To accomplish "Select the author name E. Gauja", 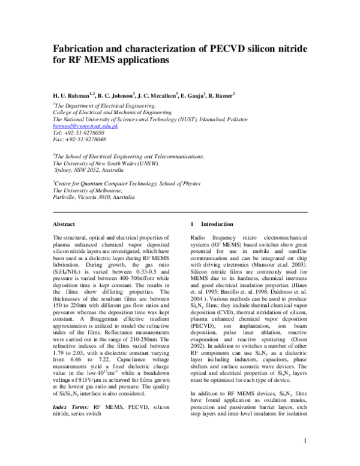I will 200,95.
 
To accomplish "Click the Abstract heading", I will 64,224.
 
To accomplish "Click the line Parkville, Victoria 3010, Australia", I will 94,196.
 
